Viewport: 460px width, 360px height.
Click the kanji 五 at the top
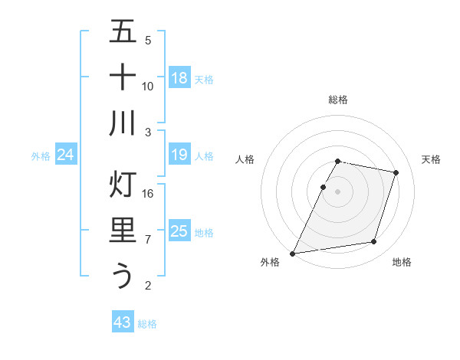[123, 32]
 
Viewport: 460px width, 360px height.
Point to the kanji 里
[123, 231]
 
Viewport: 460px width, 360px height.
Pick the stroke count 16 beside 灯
[148, 194]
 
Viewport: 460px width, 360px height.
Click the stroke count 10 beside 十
[148, 86]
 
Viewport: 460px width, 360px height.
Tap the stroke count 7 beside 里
[148, 240]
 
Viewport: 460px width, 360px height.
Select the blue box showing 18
[179, 78]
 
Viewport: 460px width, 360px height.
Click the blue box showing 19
[179, 155]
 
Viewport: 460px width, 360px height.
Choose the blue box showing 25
[179, 231]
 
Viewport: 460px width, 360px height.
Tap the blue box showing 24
[66, 155]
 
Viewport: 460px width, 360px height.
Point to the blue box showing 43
[123, 322]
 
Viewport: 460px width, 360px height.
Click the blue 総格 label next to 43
[147, 324]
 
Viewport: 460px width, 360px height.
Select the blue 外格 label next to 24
[41, 156]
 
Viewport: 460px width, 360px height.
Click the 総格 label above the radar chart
[337, 100]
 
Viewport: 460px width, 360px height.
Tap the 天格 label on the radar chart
[431, 159]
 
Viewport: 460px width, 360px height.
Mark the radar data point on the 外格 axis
[293, 253]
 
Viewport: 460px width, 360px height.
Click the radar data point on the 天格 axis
[396, 172]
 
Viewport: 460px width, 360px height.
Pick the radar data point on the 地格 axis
[374, 242]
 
